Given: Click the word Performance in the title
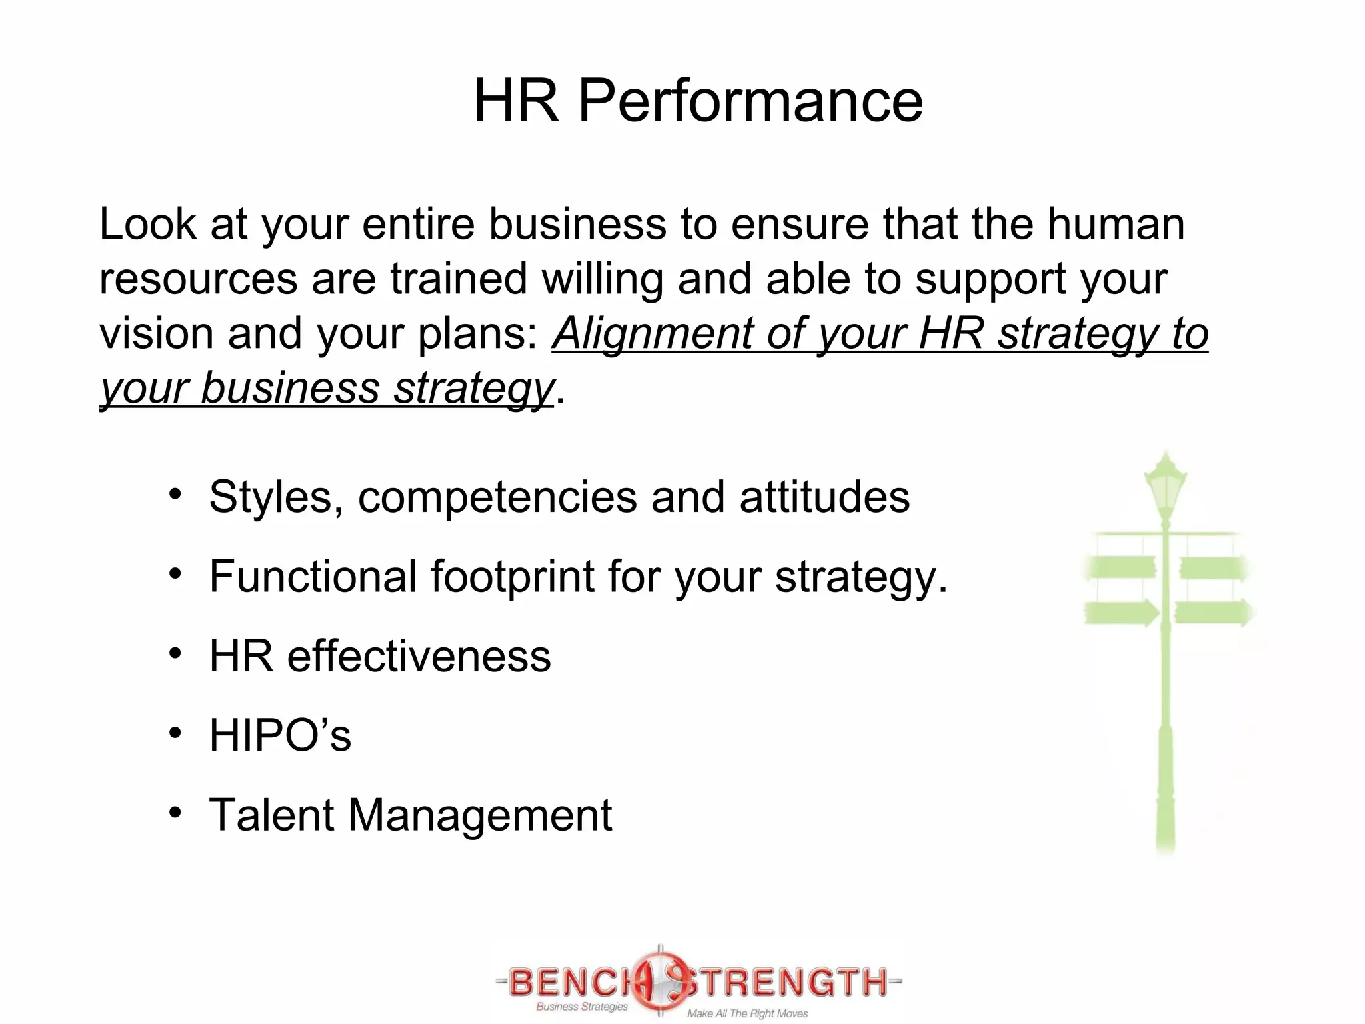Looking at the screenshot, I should pyautogui.click(x=750, y=101).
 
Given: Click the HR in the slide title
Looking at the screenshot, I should pyautogui.click(x=516, y=101).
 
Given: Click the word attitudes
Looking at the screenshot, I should pyautogui.click(x=824, y=497).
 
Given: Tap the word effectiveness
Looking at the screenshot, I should pyautogui.click(x=419, y=656).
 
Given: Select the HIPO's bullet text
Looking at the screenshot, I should pyautogui.click(x=280, y=735).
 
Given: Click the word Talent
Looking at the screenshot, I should pyautogui.click(x=271, y=815).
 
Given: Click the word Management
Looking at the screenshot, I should pyautogui.click(x=479, y=815).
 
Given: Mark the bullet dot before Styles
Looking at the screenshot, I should pyautogui.click(x=175, y=495).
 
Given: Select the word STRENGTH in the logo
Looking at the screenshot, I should pyautogui.click(x=786, y=981).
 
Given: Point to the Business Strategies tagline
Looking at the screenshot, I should pyautogui.click(x=582, y=1007).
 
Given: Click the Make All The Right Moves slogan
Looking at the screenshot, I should pyautogui.click(x=747, y=1013).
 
